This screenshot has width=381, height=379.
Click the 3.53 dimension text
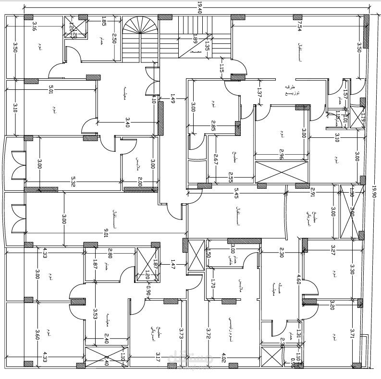point(95,314)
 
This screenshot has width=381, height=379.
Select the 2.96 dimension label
point(281,155)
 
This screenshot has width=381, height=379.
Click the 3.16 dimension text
point(34,25)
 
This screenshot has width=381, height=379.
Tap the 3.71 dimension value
point(352,333)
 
